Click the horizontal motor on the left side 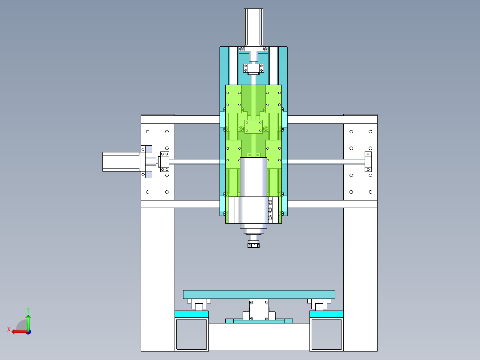click(x=121, y=161)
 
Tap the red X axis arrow click(x=20, y=331)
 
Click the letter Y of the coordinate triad click(x=28, y=310)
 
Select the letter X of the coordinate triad click(x=9, y=329)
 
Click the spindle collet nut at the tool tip click(x=253, y=245)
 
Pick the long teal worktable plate click(x=259, y=295)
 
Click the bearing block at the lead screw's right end click(x=368, y=161)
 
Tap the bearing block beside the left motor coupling click(x=164, y=161)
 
